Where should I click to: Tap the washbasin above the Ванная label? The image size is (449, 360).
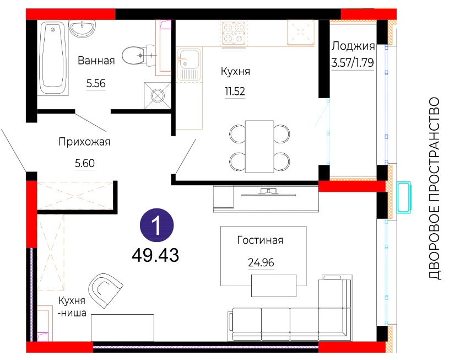tap(83, 29)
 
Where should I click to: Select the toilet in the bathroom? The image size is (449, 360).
tap(139, 55)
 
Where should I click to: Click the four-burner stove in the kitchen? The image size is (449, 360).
tap(234, 33)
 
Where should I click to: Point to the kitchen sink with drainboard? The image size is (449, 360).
tap(189, 64)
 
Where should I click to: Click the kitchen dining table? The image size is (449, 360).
tap(259, 147)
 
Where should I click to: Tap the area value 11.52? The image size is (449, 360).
tap(235, 92)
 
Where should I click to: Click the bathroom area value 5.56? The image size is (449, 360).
tap(96, 84)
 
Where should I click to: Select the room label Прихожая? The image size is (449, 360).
tap(84, 142)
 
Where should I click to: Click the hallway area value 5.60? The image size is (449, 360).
tap(85, 163)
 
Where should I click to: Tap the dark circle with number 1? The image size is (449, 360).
tap(156, 225)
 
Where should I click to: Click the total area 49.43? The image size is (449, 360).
tap(155, 255)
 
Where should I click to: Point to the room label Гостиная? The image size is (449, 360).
tap(260, 240)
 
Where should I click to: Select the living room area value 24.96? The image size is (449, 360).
tap(261, 262)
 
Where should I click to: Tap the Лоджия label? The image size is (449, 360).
tap(353, 46)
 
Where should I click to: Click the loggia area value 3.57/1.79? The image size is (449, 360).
tap(353, 62)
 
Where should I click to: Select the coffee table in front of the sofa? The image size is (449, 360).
tap(274, 286)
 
